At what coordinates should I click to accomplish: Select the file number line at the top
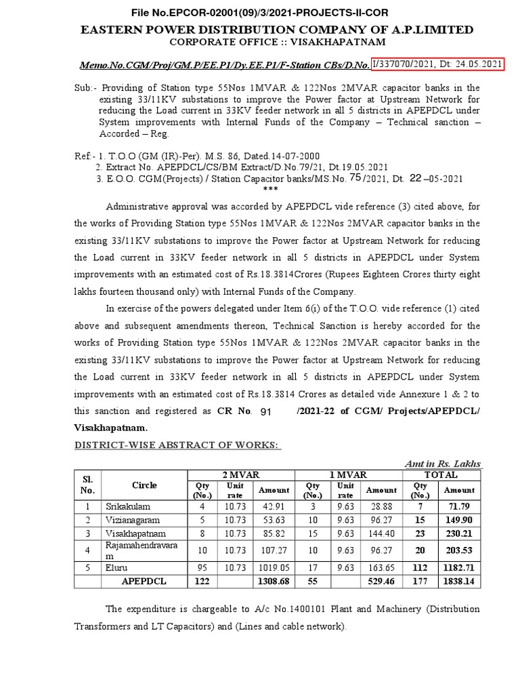[x=259, y=12]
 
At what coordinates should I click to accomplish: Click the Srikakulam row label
[x=128, y=506]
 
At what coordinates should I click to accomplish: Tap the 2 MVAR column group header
[x=240, y=476]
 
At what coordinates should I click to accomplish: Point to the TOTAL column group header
[x=441, y=476]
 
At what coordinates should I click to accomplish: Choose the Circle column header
[x=144, y=485]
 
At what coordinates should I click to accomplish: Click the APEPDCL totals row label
[x=144, y=581]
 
